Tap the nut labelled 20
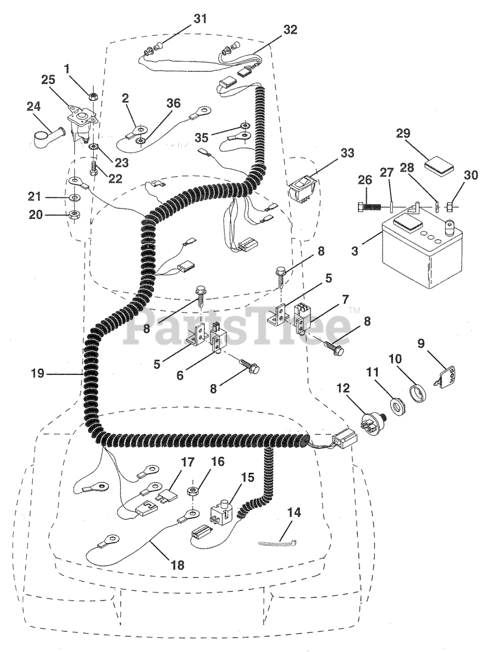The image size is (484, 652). [73, 214]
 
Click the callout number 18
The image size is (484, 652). [178, 564]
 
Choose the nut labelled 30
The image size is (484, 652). [450, 207]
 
